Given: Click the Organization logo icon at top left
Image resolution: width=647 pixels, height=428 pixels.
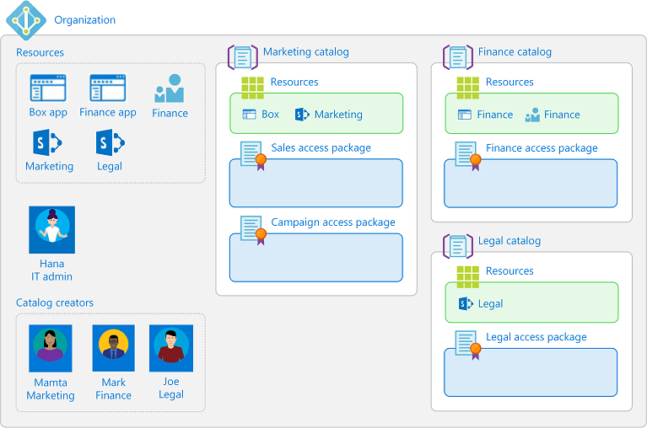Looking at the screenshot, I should click(24, 19).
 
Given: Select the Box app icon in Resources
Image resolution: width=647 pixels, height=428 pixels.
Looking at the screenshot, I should click(47, 88).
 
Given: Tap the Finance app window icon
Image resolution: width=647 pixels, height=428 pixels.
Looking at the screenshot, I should click(107, 88).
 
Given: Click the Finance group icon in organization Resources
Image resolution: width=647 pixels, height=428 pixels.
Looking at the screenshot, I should click(170, 88).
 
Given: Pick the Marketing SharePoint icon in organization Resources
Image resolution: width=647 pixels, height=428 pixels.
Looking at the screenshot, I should click(47, 142).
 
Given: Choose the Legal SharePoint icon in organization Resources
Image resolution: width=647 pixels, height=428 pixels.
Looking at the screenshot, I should click(110, 142).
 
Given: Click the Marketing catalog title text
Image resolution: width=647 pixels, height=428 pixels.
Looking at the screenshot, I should click(305, 52).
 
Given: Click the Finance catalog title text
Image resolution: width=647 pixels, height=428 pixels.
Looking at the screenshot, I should click(515, 52).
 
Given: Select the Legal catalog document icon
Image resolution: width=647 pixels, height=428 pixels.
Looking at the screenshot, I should click(457, 246).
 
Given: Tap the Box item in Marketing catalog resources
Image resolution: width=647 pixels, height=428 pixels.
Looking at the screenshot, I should click(261, 115).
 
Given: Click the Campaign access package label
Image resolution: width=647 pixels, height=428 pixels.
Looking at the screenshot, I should click(332, 222).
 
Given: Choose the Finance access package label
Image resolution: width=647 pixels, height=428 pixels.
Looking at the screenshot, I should click(542, 148).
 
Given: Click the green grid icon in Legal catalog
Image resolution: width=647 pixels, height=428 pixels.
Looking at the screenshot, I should click(467, 276).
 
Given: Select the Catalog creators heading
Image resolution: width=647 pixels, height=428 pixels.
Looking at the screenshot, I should click(55, 302).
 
